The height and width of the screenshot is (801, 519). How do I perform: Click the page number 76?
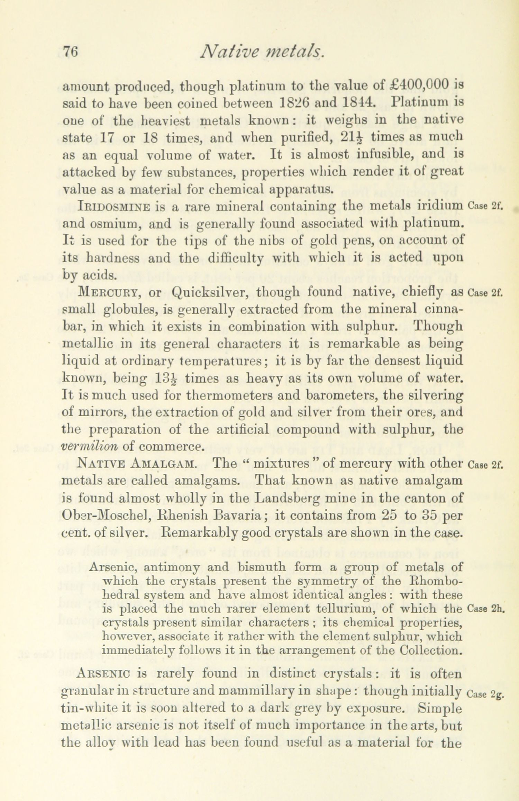tap(70, 52)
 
